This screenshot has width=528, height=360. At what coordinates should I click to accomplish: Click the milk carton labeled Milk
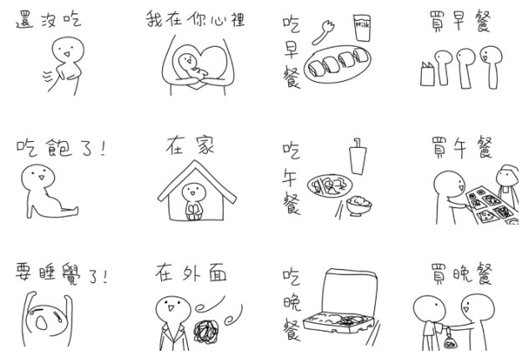tap(362, 28)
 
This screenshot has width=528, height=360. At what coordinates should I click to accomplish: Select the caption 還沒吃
tap(48, 19)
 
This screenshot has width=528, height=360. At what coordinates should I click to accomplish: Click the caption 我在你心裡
tap(195, 19)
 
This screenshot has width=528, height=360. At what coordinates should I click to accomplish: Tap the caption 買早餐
tap(460, 21)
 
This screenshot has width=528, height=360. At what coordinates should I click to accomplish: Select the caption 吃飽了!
tap(61, 148)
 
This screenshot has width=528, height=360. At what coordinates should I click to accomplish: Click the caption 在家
tap(190, 145)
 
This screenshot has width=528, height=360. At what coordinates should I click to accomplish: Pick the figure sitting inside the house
tap(194, 201)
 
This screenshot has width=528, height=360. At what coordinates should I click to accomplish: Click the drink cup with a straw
tap(358, 156)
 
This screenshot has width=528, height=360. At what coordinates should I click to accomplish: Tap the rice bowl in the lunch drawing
tap(359, 205)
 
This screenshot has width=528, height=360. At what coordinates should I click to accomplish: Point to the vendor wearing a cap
tap(508, 185)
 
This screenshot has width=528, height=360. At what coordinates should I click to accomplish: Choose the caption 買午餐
tap(462, 148)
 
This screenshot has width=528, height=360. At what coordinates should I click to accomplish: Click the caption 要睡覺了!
tap(61, 274)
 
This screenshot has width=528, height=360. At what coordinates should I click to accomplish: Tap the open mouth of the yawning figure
tap(42, 323)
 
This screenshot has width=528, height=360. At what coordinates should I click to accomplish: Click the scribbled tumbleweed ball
tap(206, 332)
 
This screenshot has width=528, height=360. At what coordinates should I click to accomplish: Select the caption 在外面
tap(191, 273)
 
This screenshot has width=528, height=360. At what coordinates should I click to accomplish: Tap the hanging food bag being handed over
tap(450, 341)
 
